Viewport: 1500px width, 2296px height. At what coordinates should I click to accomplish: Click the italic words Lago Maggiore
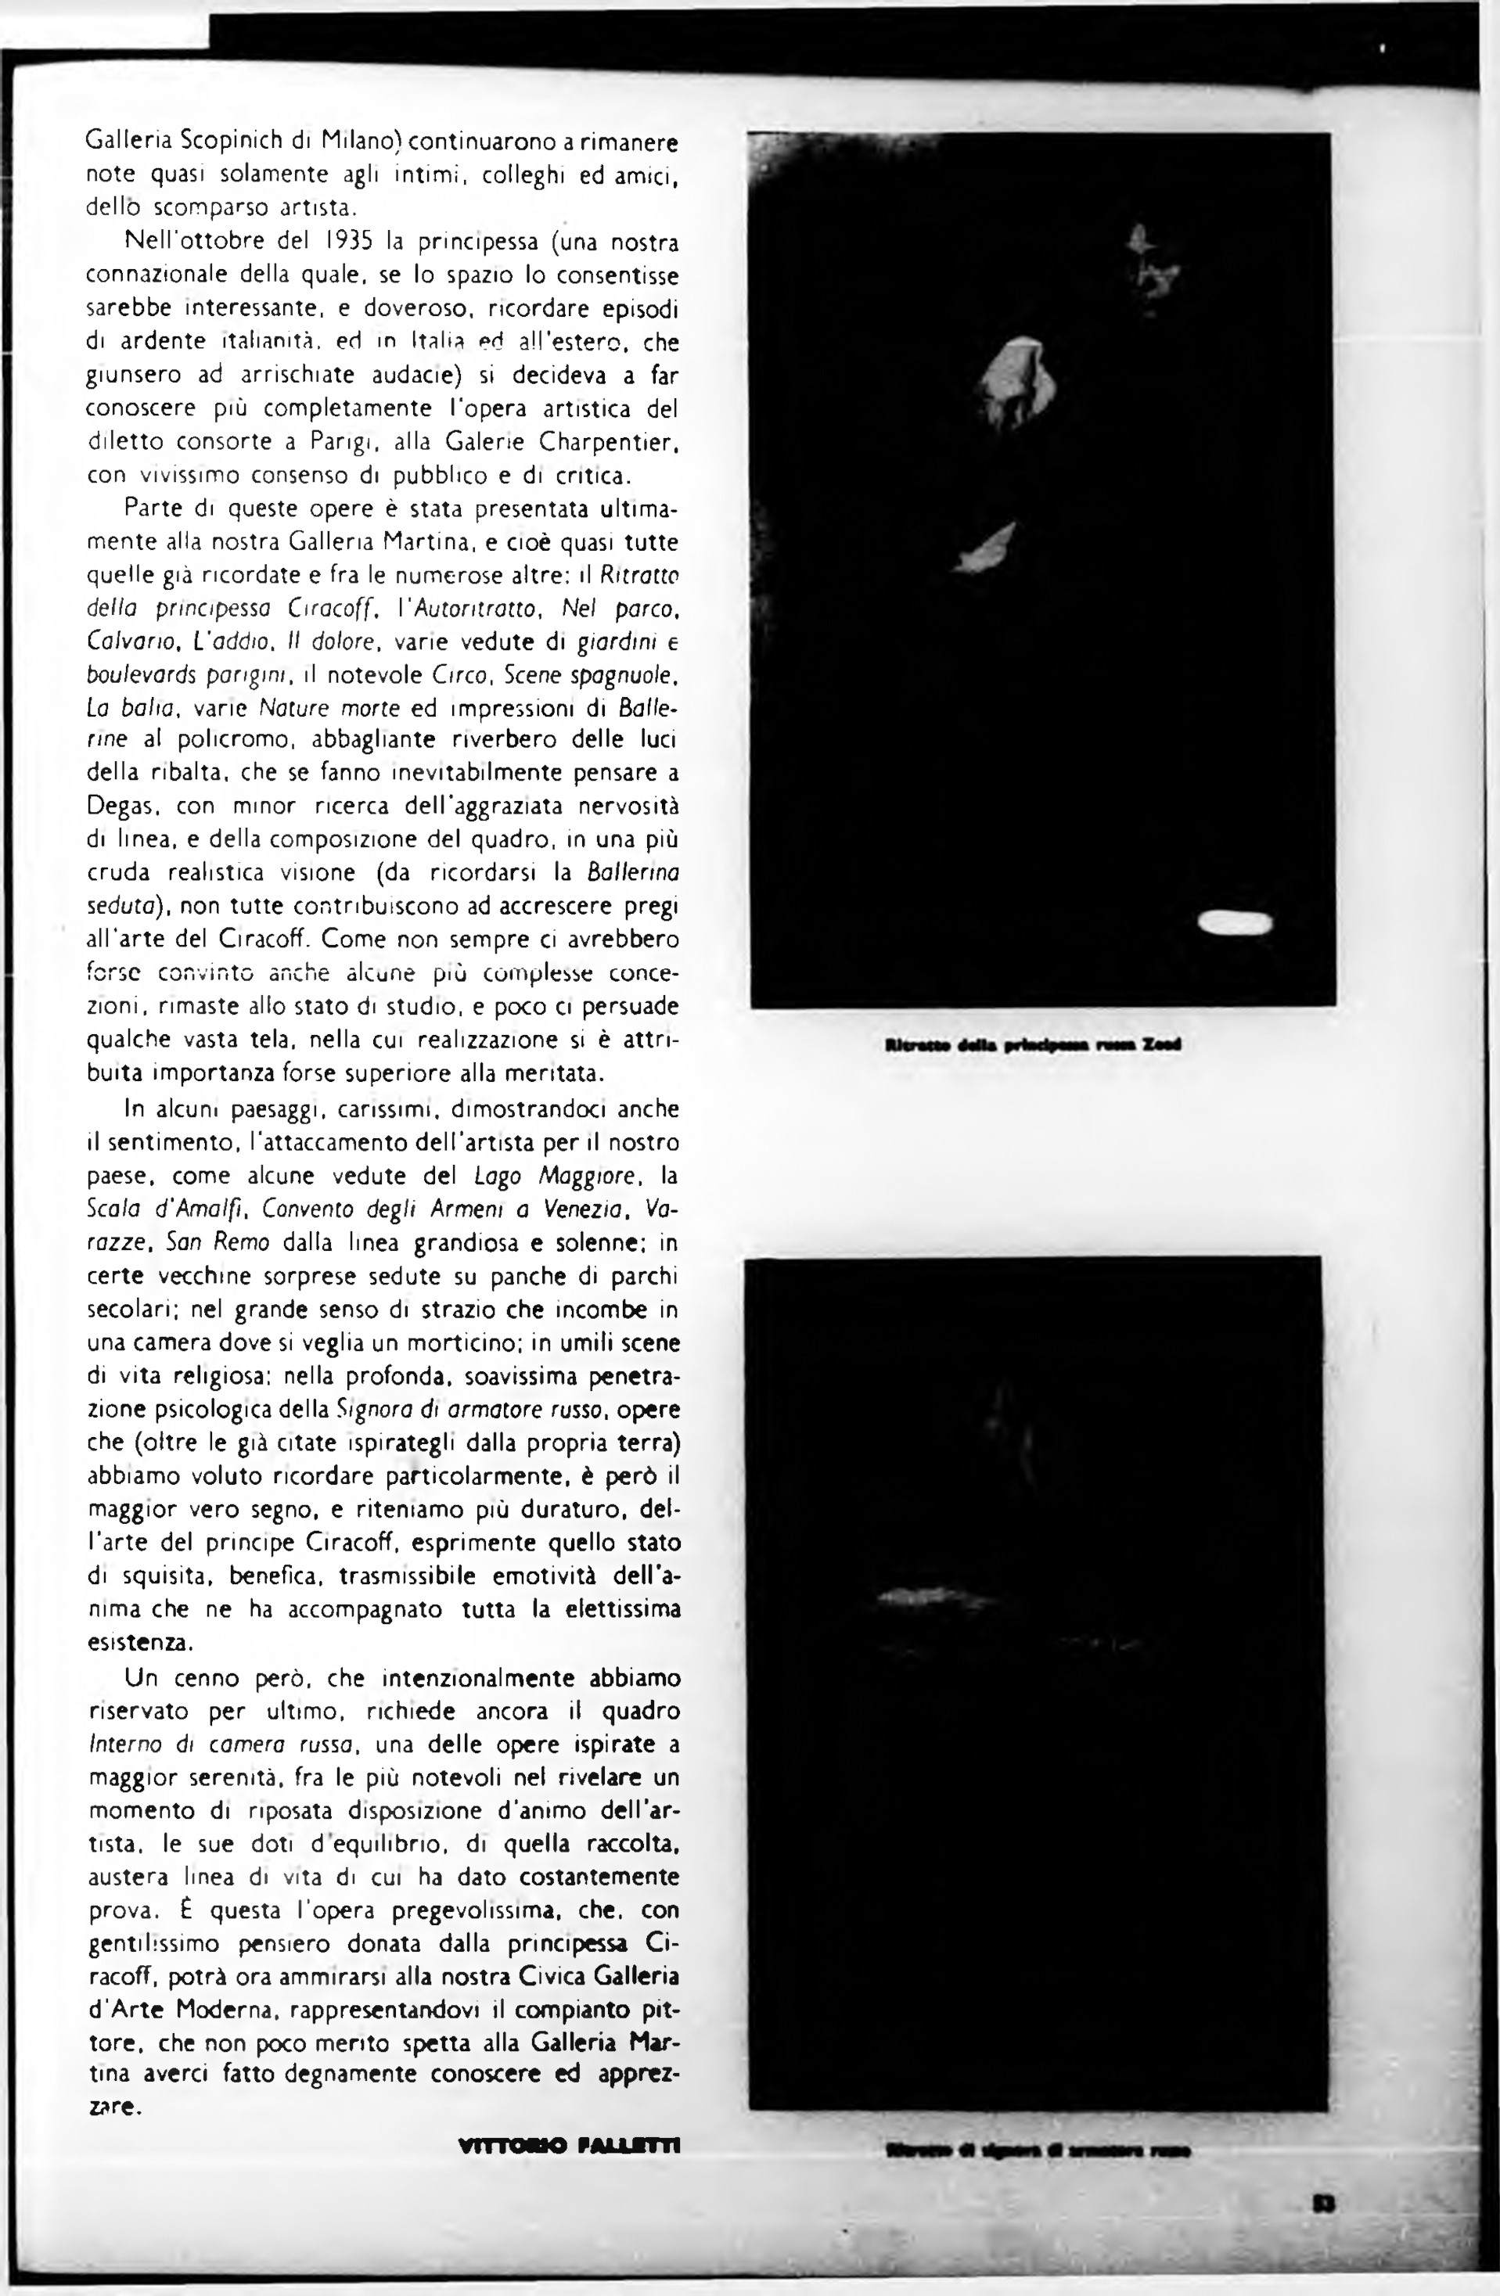pyautogui.click(x=559, y=1176)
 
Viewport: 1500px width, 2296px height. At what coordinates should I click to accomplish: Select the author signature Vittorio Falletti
pyautogui.click(x=570, y=2147)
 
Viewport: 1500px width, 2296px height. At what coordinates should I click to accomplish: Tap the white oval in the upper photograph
pyautogui.click(x=1236, y=923)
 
